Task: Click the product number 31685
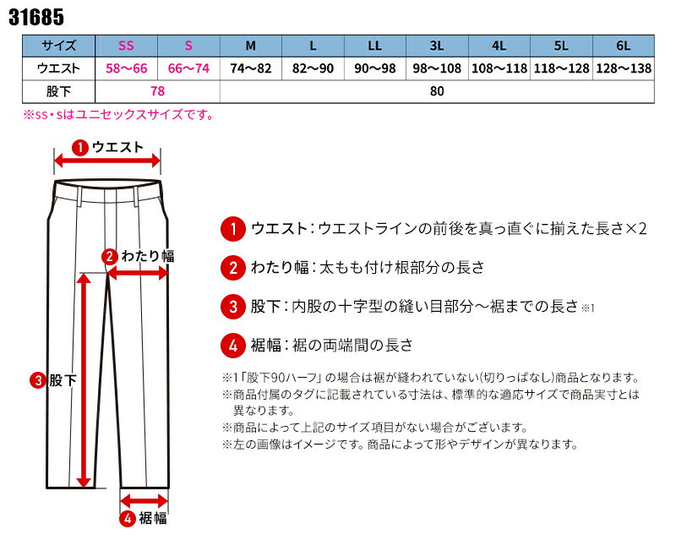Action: (36, 17)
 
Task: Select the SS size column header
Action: (126, 46)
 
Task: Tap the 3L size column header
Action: (437, 46)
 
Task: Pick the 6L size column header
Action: (624, 46)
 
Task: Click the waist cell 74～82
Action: (250, 68)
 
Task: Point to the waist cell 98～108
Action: (437, 68)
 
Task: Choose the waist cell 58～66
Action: (126, 68)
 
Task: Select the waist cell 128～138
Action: (624, 68)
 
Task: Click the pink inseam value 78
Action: (158, 91)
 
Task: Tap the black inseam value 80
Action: (437, 91)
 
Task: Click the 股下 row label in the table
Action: (58, 91)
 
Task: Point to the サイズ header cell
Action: (58, 46)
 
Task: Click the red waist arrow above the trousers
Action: (107, 161)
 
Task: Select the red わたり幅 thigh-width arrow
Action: (138, 272)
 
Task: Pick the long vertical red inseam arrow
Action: (84, 381)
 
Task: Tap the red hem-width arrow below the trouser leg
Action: (144, 501)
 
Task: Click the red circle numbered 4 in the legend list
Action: (233, 346)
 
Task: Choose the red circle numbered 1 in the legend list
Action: (233, 229)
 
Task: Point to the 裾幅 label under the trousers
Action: (153, 518)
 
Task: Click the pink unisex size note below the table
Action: (118, 115)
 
